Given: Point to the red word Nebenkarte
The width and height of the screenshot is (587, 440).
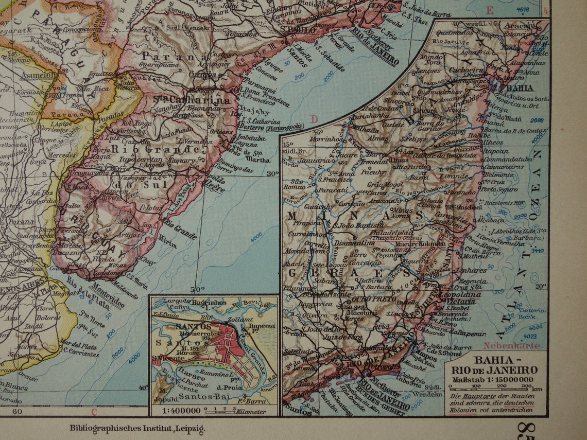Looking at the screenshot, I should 511,346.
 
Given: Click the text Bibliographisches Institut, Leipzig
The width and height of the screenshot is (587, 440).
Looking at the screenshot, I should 137,429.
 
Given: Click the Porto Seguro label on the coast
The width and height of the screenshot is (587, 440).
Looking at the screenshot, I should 502,189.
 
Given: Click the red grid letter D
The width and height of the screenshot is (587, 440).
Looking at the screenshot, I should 314,119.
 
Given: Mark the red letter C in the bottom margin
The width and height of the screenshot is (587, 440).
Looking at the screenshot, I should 94,411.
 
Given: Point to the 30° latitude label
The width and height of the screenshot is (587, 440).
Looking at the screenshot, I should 272,173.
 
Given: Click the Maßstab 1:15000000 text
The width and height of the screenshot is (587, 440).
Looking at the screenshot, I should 492,380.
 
